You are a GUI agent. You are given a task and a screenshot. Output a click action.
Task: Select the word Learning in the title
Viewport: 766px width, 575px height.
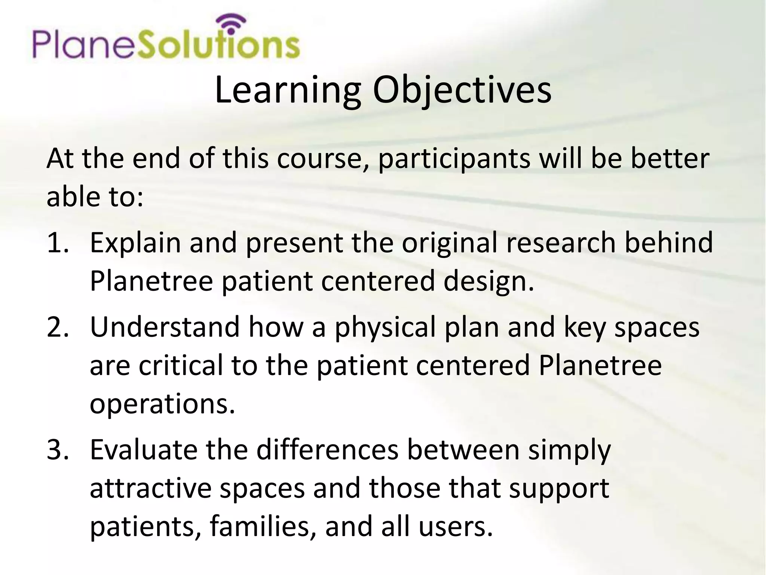(x=288, y=90)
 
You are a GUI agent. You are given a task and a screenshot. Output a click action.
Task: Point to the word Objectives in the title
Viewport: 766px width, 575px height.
(x=462, y=90)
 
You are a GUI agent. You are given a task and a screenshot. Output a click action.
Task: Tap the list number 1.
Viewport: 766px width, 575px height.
(x=58, y=243)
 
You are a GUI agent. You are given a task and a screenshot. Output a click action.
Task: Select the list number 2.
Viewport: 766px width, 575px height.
(x=58, y=327)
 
